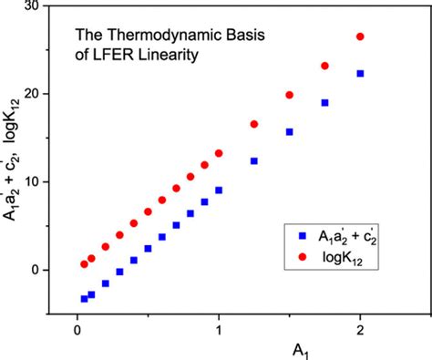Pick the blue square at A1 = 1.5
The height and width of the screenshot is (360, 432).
pos(289,132)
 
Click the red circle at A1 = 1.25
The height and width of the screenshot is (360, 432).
pos(254,124)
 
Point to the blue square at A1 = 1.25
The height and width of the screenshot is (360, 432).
pos(254,161)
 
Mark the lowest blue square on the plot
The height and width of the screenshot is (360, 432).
pos(85,298)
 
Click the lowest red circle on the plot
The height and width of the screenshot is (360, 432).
pos(85,264)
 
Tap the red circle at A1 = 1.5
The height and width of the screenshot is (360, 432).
pos(289,95)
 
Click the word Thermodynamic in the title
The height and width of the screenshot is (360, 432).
pos(148,39)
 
